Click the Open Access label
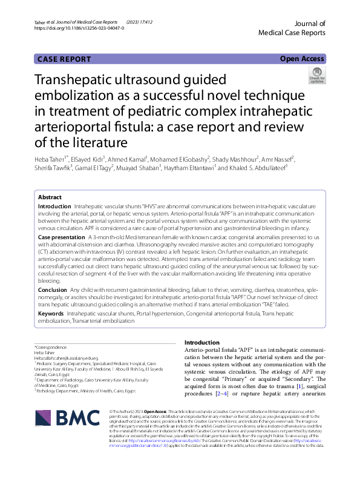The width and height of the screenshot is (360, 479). [301, 59]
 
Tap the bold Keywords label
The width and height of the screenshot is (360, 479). [51, 314]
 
